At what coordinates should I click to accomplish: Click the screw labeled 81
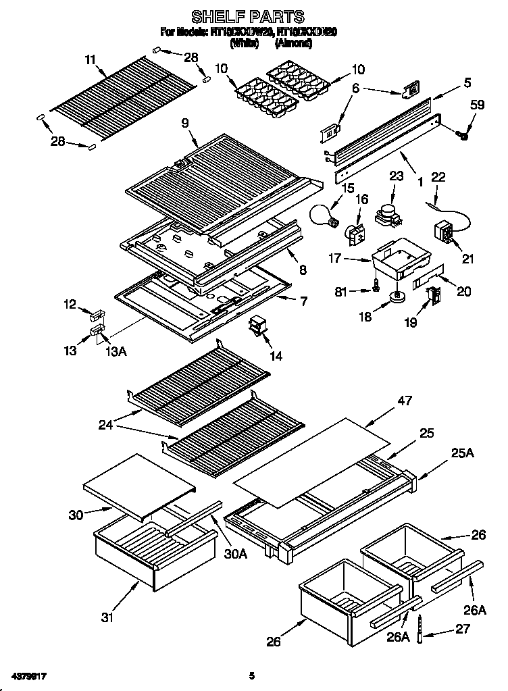369,288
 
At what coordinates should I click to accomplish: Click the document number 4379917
28,675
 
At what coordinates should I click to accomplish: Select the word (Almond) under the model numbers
293,42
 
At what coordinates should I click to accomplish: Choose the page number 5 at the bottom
251,675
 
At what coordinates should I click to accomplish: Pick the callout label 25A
461,453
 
